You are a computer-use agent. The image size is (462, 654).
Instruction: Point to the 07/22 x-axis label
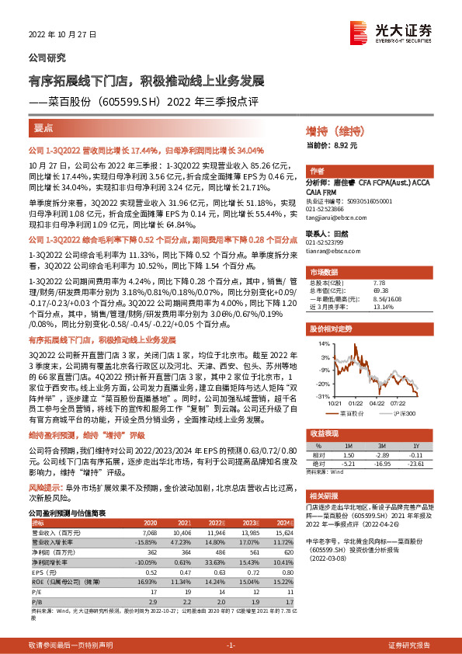(400, 402)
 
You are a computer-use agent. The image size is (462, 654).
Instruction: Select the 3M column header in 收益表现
(382, 444)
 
